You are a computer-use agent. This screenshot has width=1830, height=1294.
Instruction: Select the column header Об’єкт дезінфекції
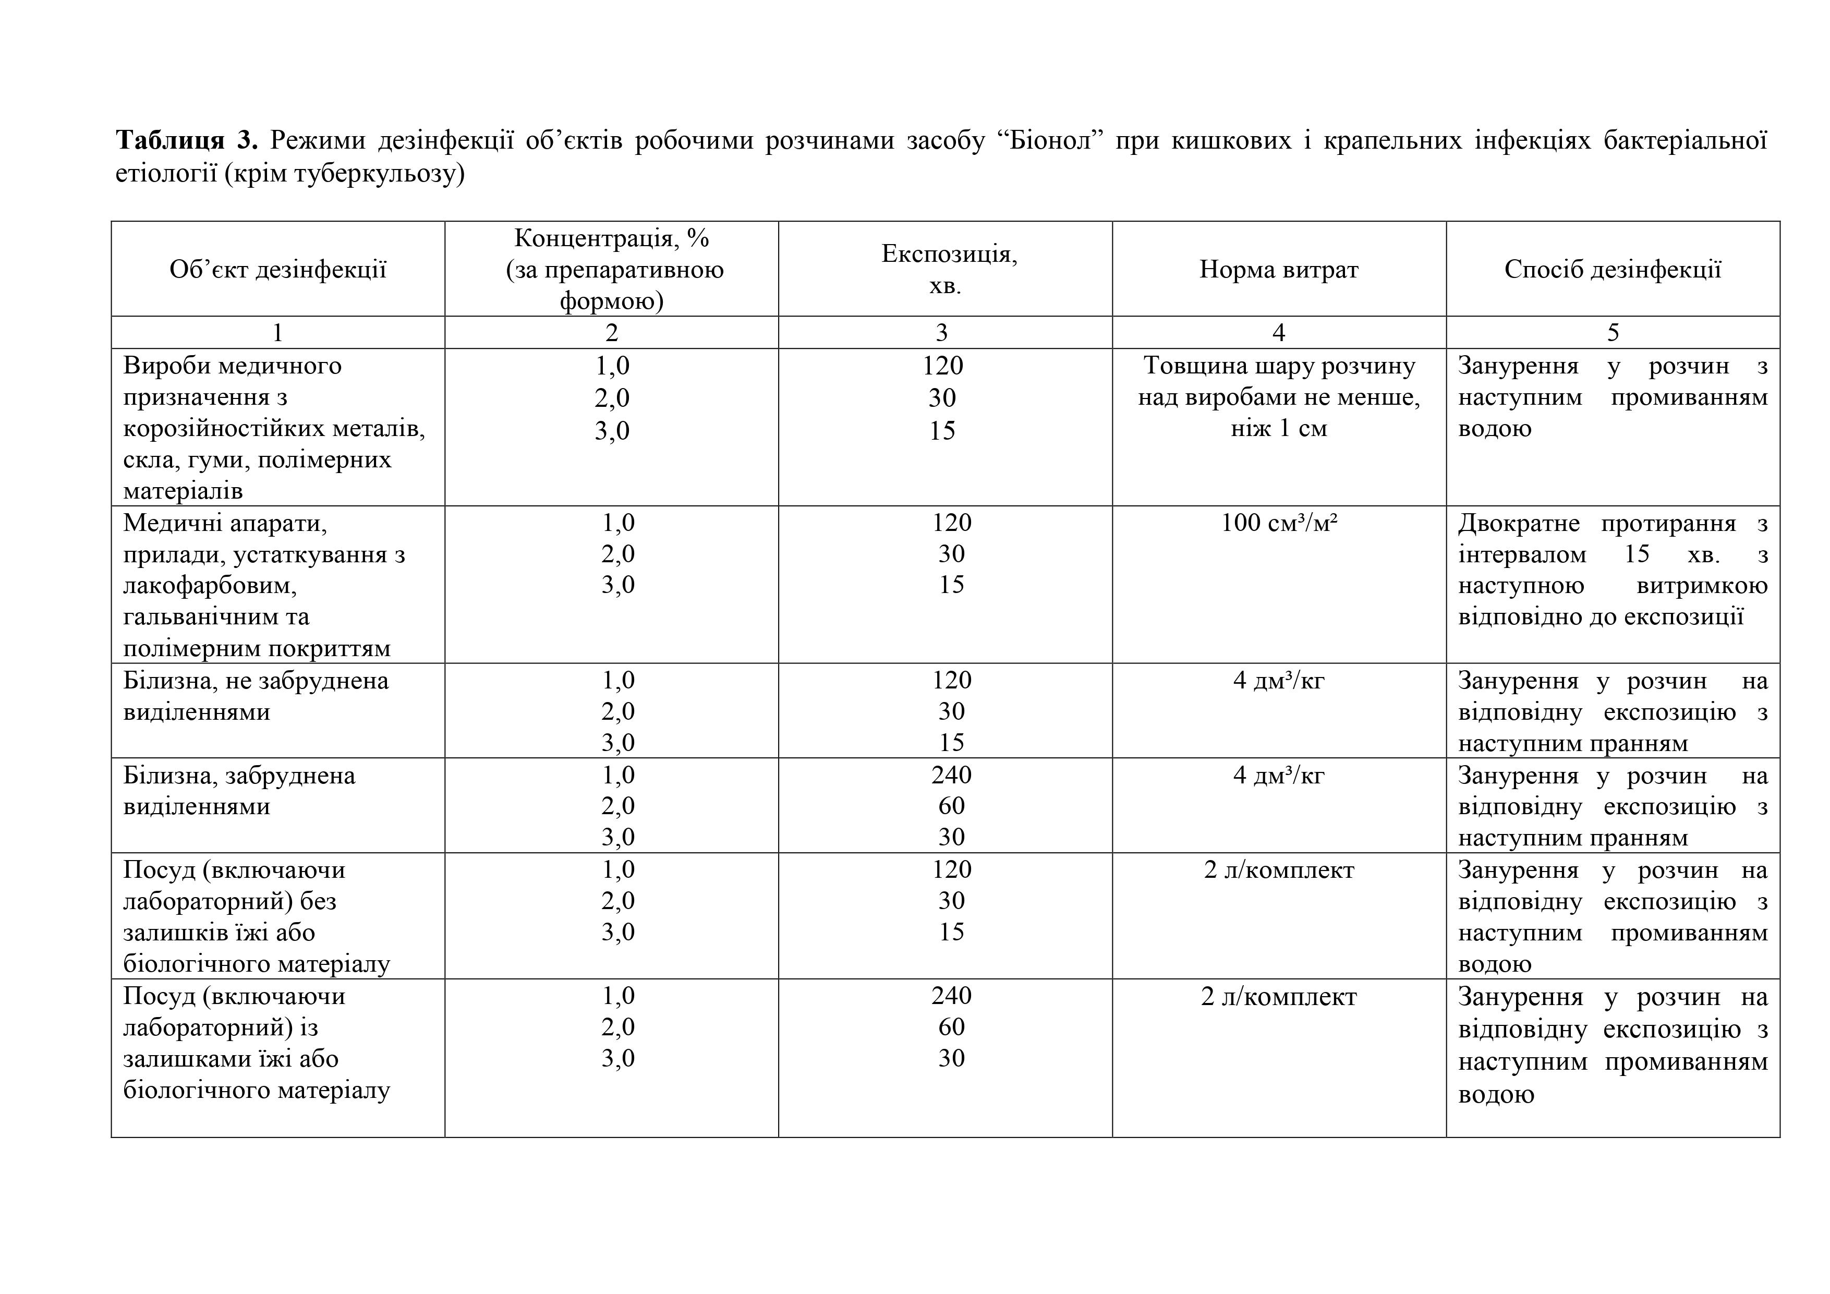click(277, 270)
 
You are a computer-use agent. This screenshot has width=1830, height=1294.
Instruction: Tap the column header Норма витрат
click(1278, 270)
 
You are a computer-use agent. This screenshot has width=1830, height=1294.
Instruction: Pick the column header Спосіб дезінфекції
click(1613, 270)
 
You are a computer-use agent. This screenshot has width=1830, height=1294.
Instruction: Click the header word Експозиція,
click(949, 253)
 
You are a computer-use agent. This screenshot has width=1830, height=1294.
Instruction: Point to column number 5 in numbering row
click(1613, 332)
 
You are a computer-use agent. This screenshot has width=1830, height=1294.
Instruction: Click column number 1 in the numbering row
click(277, 332)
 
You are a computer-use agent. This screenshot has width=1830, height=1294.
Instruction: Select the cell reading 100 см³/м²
click(1278, 523)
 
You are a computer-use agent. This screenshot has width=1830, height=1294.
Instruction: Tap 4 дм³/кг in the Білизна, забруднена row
click(1278, 775)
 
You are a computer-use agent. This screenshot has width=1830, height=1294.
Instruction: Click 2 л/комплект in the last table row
click(1278, 997)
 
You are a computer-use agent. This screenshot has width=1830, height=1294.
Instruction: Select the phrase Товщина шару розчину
click(1278, 366)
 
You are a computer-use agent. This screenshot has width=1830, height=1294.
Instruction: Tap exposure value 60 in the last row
click(951, 1027)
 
